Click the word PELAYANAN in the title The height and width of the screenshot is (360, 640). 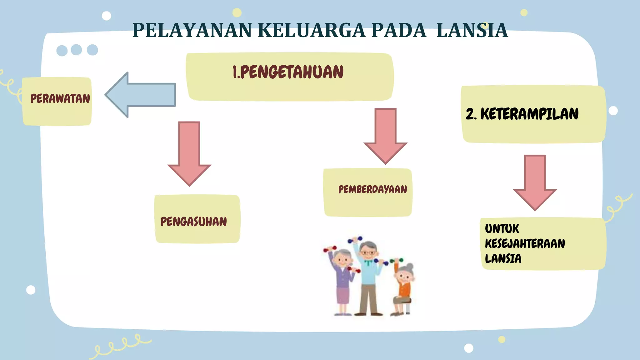click(x=192, y=31)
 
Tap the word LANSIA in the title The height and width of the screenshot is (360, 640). click(x=472, y=31)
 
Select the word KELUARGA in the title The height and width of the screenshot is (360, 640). click(x=312, y=31)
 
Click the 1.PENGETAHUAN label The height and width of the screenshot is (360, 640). click(x=288, y=72)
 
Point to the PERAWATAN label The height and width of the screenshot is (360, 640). click(x=60, y=99)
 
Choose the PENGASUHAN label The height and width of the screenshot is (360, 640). click(x=194, y=222)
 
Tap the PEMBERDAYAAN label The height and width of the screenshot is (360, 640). click(x=372, y=189)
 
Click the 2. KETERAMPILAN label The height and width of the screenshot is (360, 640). click(x=522, y=114)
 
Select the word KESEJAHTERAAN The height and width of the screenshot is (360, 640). click(x=525, y=243)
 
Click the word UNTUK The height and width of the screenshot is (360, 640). click(x=502, y=229)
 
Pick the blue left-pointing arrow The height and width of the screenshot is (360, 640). click(x=141, y=95)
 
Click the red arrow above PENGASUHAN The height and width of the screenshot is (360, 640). click(x=189, y=153)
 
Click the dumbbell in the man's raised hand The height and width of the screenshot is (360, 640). click(x=355, y=240)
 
